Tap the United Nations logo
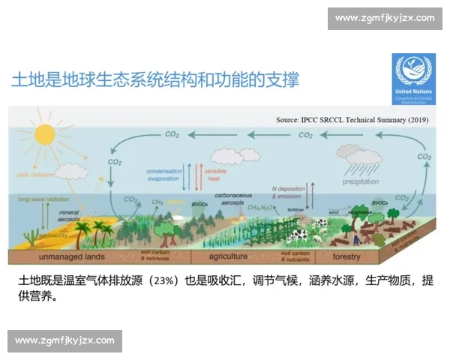tap(413, 73)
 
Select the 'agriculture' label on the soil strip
tap(226, 256)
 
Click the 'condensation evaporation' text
tap(163, 175)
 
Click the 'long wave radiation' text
tap(37, 199)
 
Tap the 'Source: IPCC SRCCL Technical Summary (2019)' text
tap(352, 119)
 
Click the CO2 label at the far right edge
tap(424, 157)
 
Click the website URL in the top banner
tap(384, 17)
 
